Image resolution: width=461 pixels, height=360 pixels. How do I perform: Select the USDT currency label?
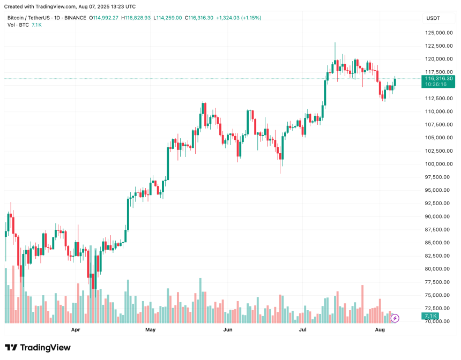coord(433,18)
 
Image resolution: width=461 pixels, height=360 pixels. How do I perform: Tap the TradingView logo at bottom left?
coord(38,348)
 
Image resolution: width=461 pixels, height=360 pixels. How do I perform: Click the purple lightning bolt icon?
coord(395,318)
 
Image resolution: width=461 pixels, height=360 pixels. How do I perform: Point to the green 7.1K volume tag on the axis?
coord(430,317)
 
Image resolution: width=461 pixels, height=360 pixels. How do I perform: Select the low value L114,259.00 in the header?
coord(168,18)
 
